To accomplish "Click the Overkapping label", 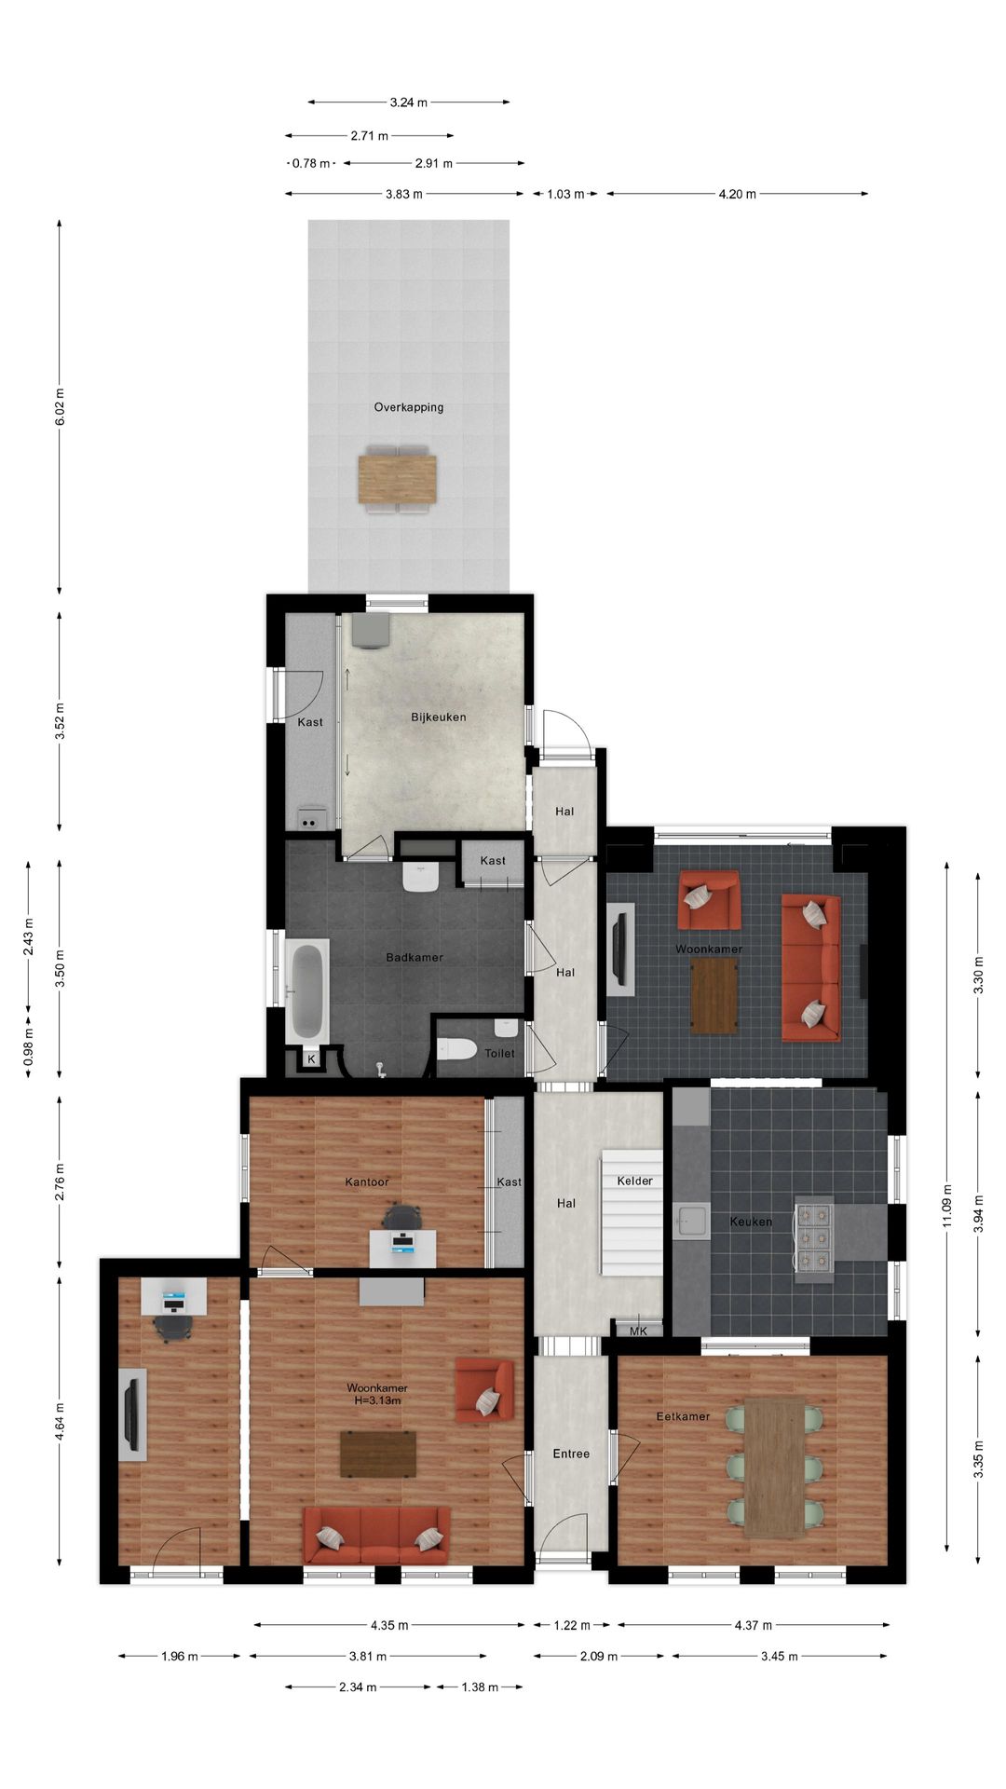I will [x=408, y=407].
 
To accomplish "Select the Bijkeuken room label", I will [x=438, y=717].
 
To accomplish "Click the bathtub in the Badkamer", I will [x=306, y=991].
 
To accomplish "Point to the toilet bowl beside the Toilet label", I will [x=455, y=1048].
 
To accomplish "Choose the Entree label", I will [x=571, y=1454].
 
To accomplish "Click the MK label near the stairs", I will [x=638, y=1332].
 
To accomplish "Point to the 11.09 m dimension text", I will [x=947, y=1206].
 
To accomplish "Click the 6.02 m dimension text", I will [x=60, y=407].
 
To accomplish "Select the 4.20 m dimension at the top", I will [x=737, y=194].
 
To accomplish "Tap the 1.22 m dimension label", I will [x=572, y=1625].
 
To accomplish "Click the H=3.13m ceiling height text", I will [x=377, y=1400].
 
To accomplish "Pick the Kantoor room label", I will [x=367, y=1182].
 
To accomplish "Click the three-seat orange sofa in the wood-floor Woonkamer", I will [x=376, y=1535].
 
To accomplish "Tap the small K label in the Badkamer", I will [x=311, y=1059].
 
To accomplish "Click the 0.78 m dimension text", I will [x=311, y=163].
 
